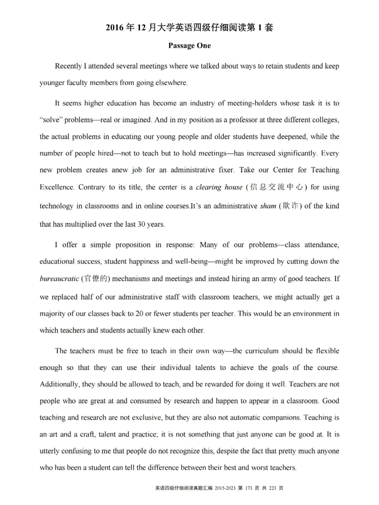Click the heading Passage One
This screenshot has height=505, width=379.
tap(189, 46)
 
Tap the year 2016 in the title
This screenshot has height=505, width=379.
tap(117, 27)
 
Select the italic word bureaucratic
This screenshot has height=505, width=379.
tap(59, 279)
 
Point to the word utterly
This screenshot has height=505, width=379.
tap(50, 451)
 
